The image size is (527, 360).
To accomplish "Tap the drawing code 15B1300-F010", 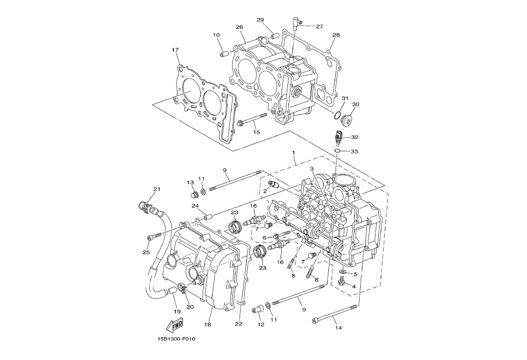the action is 176,339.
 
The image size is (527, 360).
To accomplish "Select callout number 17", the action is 175,50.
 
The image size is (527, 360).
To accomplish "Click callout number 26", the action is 239,27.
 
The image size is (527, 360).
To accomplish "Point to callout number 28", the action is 336,35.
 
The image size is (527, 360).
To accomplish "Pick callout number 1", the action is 294,152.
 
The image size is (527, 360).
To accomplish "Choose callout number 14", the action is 339,328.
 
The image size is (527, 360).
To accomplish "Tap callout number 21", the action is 157,189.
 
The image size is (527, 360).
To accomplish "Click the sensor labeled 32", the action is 339,136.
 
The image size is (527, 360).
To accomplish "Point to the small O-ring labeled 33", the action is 339,151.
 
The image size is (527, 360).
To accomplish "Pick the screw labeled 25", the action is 150,238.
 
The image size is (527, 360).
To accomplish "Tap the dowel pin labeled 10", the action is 224,54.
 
